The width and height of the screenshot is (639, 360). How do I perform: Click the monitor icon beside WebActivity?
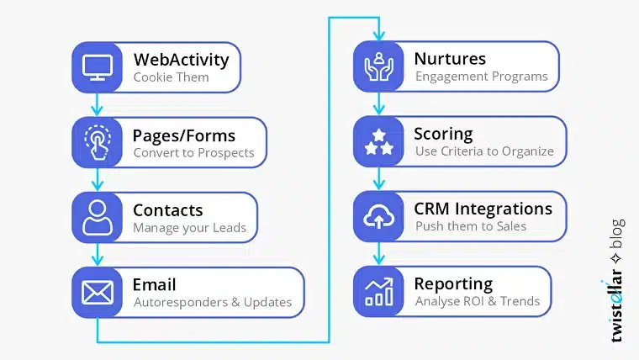click(98, 67)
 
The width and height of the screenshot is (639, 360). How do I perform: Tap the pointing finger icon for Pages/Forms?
click(98, 142)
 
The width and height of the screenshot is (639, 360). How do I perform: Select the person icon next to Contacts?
click(98, 217)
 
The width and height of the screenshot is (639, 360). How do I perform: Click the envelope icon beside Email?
click(98, 292)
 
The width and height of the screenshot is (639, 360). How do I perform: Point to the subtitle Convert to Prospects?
click(193, 153)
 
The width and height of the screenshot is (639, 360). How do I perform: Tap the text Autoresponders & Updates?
click(212, 303)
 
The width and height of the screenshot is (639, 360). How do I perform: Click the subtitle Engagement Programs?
click(481, 77)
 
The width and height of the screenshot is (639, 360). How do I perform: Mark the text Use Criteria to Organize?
click(484, 152)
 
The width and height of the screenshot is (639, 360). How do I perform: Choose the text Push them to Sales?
click(470, 227)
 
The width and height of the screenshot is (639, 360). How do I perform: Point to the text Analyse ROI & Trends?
click(477, 302)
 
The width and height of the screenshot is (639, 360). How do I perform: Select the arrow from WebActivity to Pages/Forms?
click(98, 104)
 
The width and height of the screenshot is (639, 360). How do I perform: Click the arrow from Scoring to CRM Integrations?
click(378, 179)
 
